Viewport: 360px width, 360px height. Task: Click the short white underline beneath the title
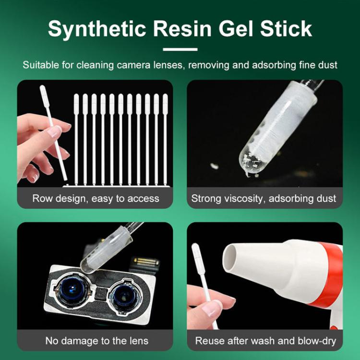[x=180, y=49]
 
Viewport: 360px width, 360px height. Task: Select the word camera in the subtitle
[x=144, y=65]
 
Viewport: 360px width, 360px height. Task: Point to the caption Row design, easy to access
[x=96, y=198]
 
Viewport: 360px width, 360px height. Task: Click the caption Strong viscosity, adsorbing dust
[x=264, y=198]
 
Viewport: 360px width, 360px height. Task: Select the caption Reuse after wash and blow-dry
[x=265, y=341]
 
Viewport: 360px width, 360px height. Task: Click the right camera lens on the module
[x=126, y=294]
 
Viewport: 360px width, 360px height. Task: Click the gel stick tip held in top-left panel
[x=44, y=96]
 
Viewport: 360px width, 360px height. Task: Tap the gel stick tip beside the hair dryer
[x=196, y=254]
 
